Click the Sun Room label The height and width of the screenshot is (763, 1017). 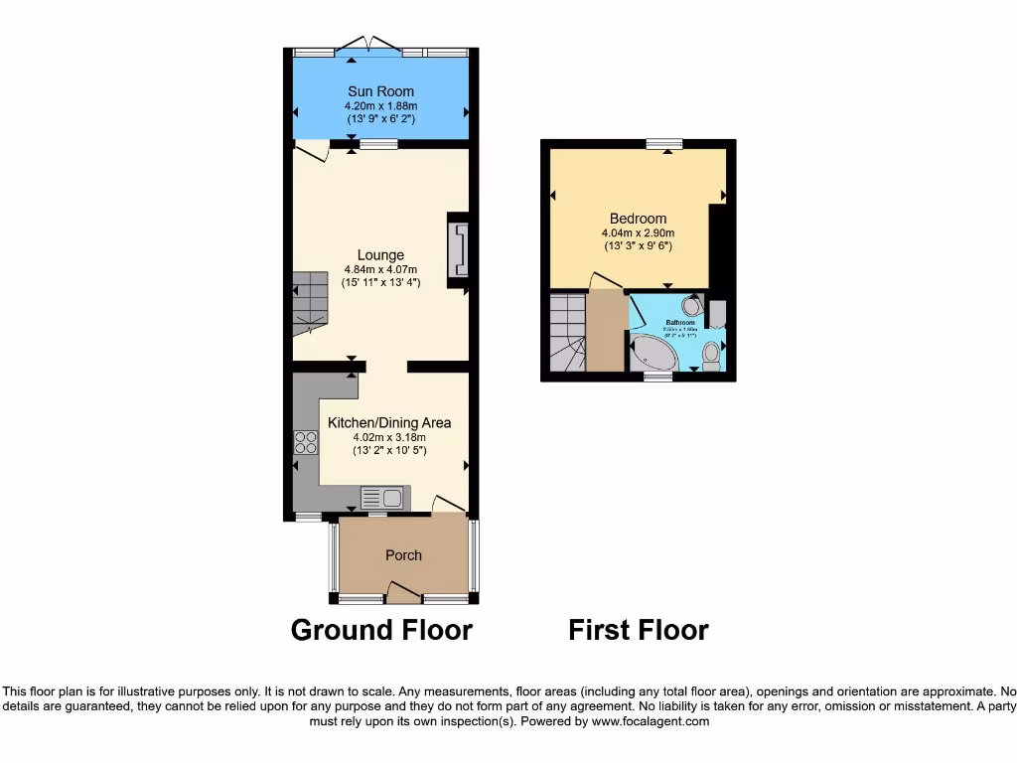tap(380, 91)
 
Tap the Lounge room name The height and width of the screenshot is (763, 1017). tap(380, 255)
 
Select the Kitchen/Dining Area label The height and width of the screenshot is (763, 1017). tap(389, 422)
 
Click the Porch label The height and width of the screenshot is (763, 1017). tap(403, 555)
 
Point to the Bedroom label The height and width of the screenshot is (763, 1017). tap(638, 219)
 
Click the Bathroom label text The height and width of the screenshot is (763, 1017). tap(680, 323)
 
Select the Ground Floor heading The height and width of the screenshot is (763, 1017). tap(381, 630)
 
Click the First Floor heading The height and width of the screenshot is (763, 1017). tap(638, 630)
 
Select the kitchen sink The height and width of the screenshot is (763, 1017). tap(381, 498)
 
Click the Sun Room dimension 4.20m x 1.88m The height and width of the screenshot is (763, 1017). tap(380, 106)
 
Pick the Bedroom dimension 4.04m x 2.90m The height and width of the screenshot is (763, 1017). tap(638, 233)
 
